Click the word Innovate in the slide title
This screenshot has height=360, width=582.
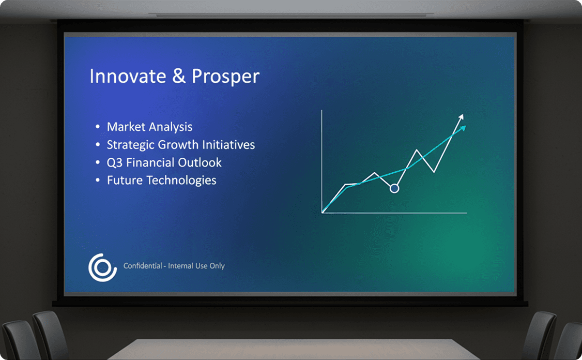coord(128,76)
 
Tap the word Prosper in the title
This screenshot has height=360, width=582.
coord(225,77)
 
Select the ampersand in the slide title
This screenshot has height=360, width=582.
coord(179,76)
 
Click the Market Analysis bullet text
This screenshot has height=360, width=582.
coord(149,127)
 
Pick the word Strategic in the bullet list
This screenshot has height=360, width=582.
coord(131,145)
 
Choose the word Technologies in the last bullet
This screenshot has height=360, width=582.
coord(181,181)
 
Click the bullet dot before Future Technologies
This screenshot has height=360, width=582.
coord(98,181)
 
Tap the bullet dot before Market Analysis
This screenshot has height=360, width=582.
coord(98,127)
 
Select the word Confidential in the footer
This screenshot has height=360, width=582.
coord(143,266)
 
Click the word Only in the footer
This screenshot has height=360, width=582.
coord(217,266)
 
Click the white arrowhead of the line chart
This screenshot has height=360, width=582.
coord(462,117)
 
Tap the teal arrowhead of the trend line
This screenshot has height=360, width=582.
coord(463,128)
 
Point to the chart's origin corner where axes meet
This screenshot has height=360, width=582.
coord(322,213)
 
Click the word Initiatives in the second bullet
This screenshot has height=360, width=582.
coord(228,145)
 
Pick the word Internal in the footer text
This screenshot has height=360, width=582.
coord(181,266)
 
